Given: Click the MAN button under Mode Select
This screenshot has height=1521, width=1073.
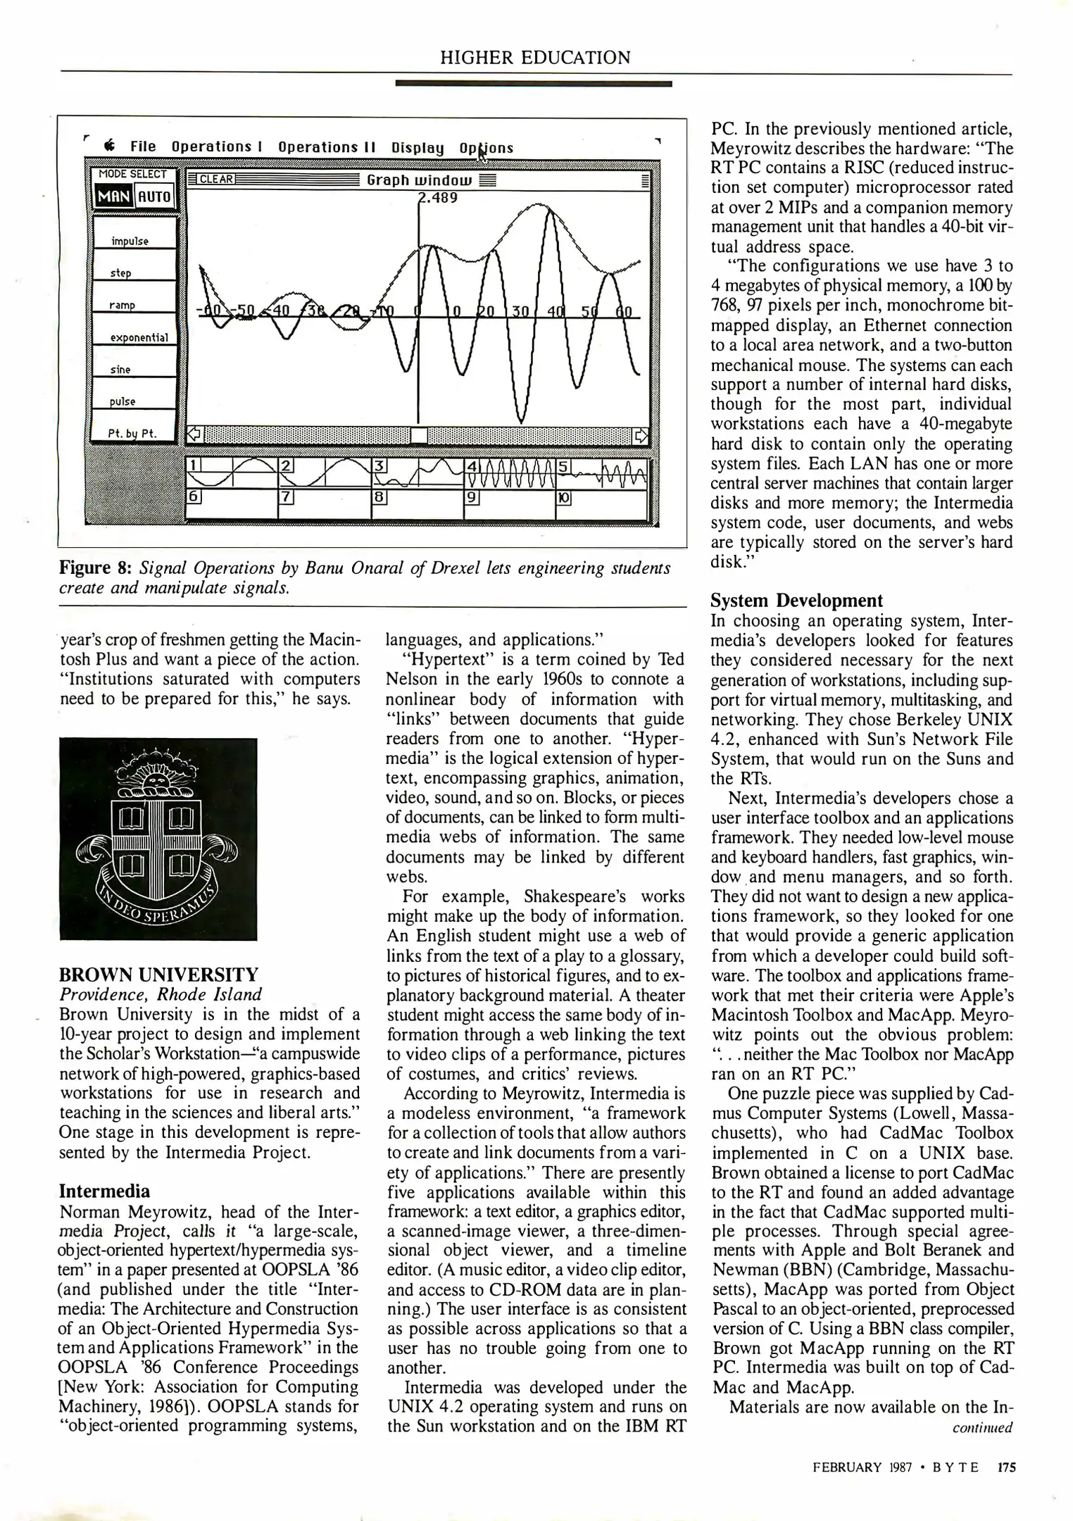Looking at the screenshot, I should pyautogui.click(x=113, y=196).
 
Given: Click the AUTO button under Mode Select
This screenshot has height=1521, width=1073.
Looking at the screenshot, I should pyautogui.click(x=154, y=196).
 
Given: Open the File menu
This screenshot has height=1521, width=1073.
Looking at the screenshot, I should pyautogui.click(x=143, y=147).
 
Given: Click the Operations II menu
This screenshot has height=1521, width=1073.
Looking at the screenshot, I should pyautogui.click(x=327, y=147).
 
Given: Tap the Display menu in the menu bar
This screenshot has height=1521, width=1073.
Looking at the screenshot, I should pyautogui.click(x=418, y=148).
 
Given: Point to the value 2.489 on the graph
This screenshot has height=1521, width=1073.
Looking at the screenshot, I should pyautogui.click(x=439, y=197).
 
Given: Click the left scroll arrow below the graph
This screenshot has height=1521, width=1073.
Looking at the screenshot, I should pyautogui.click(x=194, y=434).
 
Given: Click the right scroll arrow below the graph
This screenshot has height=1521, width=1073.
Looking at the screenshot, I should pyautogui.click(x=641, y=435).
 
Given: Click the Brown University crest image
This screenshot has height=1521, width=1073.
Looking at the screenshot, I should pyautogui.click(x=158, y=839).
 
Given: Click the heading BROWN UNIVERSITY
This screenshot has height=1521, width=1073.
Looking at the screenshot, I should pyautogui.click(x=159, y=975).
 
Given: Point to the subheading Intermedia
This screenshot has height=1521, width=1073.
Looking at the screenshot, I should pyautogui.click(x=105, y=1191).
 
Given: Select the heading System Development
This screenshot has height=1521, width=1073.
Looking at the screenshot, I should pyautogui.click(x=796, y=601).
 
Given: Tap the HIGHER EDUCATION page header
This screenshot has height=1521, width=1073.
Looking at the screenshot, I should pyautogui.click(x=535, y=58).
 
